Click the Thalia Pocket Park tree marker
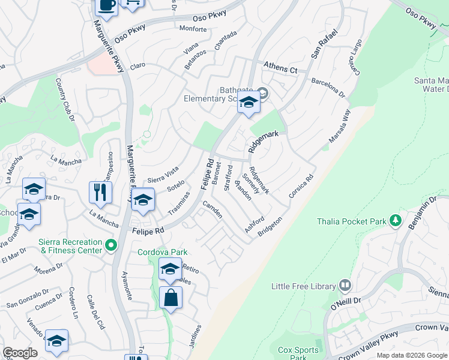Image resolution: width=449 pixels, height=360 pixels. [395, 221]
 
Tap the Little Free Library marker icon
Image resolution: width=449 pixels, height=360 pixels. [345, 286]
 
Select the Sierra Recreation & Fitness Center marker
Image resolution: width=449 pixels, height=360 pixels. [110, 245]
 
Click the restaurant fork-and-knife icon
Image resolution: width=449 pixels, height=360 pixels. [100, 193]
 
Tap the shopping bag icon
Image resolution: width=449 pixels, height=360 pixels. [171, 297]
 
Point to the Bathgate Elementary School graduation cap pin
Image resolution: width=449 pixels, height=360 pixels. [249, 103]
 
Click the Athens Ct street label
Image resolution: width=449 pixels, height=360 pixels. [281, 70]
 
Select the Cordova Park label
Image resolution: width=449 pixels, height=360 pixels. [163, 253]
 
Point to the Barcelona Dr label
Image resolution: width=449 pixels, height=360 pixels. [328, 87]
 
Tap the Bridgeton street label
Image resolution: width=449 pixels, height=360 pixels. [270, 227]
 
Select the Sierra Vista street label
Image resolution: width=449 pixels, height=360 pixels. [163, 174]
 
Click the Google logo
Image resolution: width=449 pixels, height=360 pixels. [19, 353]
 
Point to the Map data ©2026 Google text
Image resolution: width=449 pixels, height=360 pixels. [411, 355]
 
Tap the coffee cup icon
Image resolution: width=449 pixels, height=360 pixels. [107, 5]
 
